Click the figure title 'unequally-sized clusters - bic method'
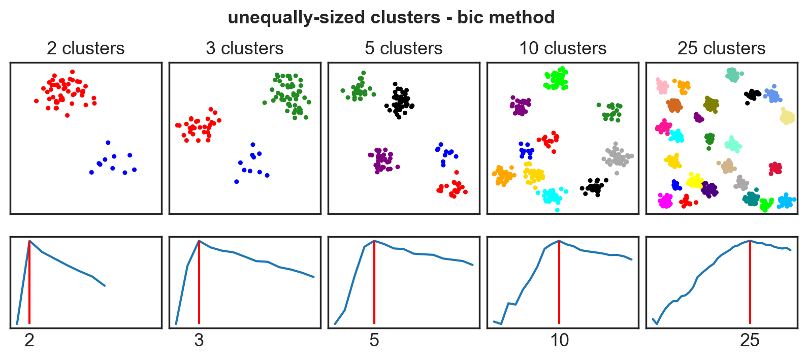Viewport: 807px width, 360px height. (391, 18)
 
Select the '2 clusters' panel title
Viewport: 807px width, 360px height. (85, 48)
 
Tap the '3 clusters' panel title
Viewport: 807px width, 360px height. (244, 48)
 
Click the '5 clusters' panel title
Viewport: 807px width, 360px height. (403, 48)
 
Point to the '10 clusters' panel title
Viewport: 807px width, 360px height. (562, 48)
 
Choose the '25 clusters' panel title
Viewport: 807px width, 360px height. (721, 48)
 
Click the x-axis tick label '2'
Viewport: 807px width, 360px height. (29, 340)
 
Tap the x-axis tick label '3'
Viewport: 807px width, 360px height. (199, 340)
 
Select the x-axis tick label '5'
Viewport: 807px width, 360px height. (374, 340)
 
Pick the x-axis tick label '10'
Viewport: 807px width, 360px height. (559, 340)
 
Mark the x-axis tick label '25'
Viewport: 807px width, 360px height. (750, 340)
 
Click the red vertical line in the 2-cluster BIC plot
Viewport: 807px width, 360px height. (29, 284)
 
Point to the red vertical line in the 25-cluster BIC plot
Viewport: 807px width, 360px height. (750, 284)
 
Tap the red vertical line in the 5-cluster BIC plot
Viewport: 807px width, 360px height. (374, 284)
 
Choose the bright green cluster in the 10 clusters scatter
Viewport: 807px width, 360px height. (557, 79)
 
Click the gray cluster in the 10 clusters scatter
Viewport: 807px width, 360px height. (618, 157)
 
